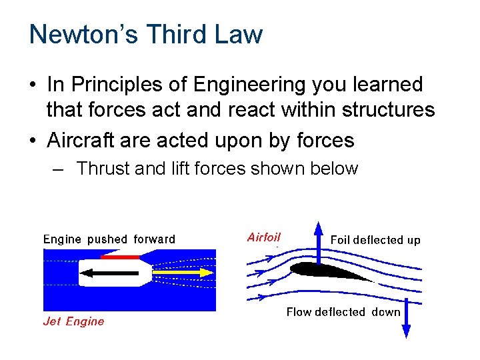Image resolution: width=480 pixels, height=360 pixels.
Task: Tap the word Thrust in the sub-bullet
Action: pyautogui.click(x=103, y=169)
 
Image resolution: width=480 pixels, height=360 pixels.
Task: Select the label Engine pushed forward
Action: pyautogui.click(x=109, y=239)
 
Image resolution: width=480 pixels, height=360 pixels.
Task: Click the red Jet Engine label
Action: pyautogui.click(x=73, y=321)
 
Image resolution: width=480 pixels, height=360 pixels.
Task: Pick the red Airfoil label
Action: pyautogui.click(x=264, y=237)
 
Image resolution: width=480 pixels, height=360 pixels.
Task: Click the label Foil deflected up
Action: pyautogui.click(x=375, y=239)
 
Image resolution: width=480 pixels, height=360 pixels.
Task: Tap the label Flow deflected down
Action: pyautogui.click(x=343, y=312)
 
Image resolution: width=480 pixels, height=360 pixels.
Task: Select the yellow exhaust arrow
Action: pyautogui.click(x=183, y=273)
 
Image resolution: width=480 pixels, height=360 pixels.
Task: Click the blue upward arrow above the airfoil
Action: pyautogui.click(x=319, y=243)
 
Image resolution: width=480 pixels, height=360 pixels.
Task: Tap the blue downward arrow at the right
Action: pyautogui.click(x=407, y=320)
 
